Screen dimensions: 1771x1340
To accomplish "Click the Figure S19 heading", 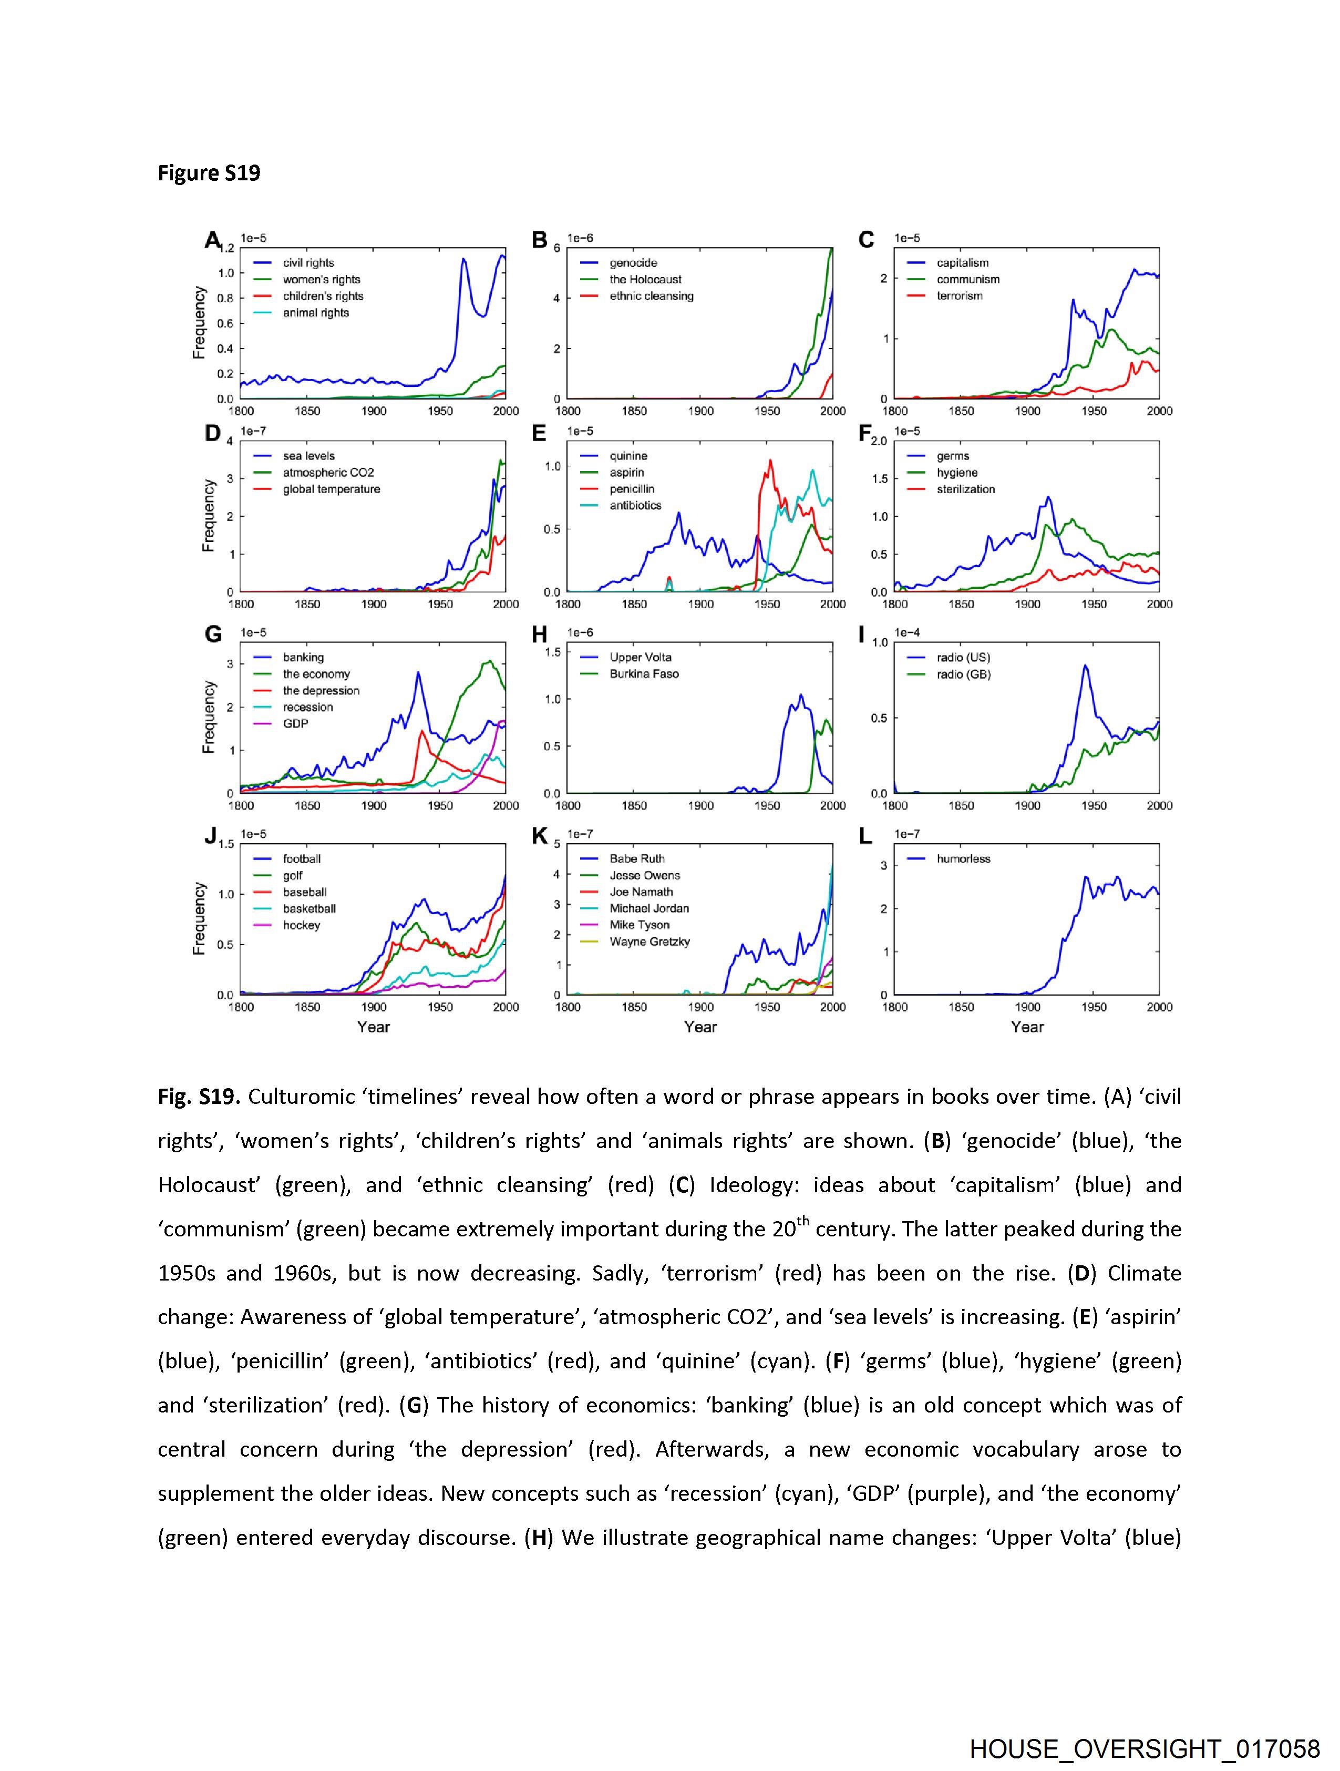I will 209,174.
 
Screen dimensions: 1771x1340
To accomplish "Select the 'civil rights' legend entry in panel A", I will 308,263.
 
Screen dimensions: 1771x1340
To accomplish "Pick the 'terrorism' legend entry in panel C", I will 960,296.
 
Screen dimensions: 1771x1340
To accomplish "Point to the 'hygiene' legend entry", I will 956,473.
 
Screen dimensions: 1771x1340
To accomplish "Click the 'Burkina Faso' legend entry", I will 644,674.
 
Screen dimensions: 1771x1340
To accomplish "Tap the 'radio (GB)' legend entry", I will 964,674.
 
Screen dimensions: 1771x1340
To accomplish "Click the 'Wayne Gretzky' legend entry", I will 649,941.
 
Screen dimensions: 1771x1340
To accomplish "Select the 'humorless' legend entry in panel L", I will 964,859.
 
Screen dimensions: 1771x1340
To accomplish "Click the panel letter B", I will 540,240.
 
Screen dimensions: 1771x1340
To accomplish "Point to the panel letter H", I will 540,635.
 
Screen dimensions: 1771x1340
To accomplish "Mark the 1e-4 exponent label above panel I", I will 907,632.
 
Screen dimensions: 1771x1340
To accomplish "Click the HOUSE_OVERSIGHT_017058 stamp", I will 1145,1748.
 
